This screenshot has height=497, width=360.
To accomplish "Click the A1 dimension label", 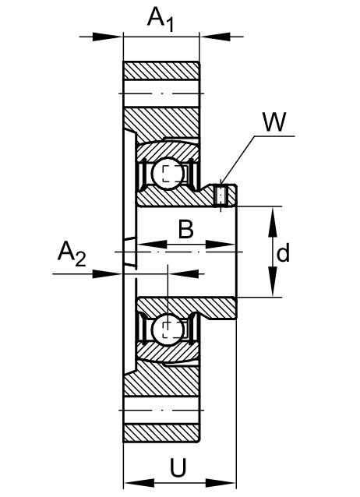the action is click(161, 19).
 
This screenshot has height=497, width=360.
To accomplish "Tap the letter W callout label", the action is click(275, 122).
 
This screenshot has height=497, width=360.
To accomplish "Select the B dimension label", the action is click(186, 229).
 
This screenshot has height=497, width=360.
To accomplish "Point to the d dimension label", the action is click(283, 252).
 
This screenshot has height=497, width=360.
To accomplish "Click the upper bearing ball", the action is click(168, 173).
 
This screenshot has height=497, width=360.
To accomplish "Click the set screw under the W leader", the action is click(221, 196).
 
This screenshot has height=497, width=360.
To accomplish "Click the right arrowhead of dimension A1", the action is click(215, 37).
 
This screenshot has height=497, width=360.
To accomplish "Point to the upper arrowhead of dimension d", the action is click(272, 221).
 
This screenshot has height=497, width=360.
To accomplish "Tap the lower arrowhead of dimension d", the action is click(272, 281).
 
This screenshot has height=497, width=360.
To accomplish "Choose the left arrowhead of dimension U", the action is click(139, 483).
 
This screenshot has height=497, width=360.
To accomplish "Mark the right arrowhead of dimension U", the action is click(221, 483).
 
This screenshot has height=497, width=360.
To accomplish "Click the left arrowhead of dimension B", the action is click(152, 245).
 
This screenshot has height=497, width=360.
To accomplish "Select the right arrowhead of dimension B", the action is click(221, 245).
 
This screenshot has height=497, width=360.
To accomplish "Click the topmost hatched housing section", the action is click(161, 71).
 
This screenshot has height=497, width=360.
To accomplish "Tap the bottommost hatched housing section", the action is click(161, 433).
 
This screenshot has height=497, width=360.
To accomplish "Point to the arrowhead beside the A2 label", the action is click(108, 273).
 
